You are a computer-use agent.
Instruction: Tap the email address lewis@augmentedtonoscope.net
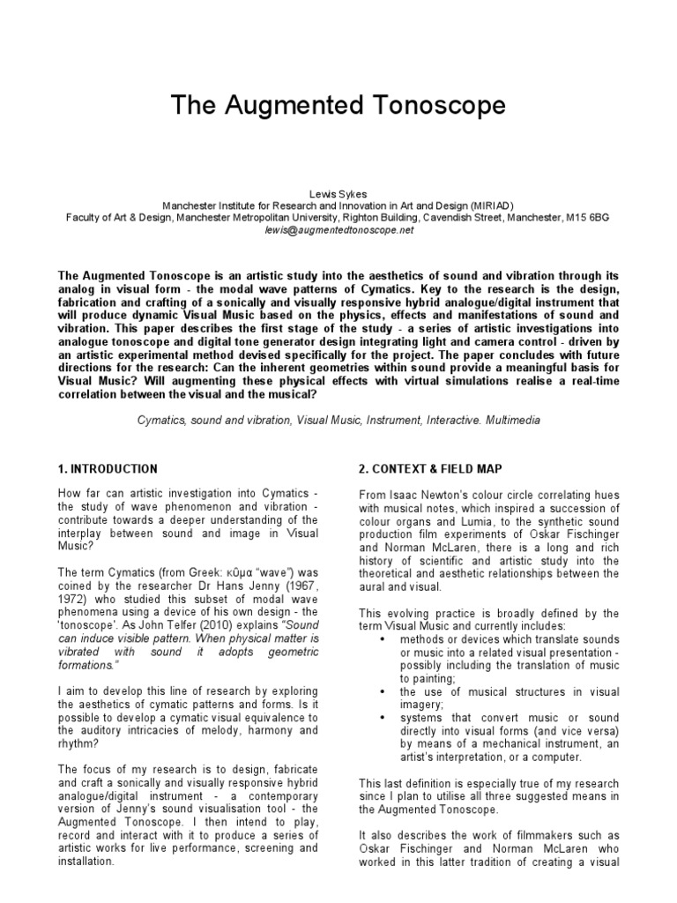(338, 229)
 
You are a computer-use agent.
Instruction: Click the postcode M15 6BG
(589, 217)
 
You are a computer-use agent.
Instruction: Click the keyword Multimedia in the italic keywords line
(506, 422)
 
